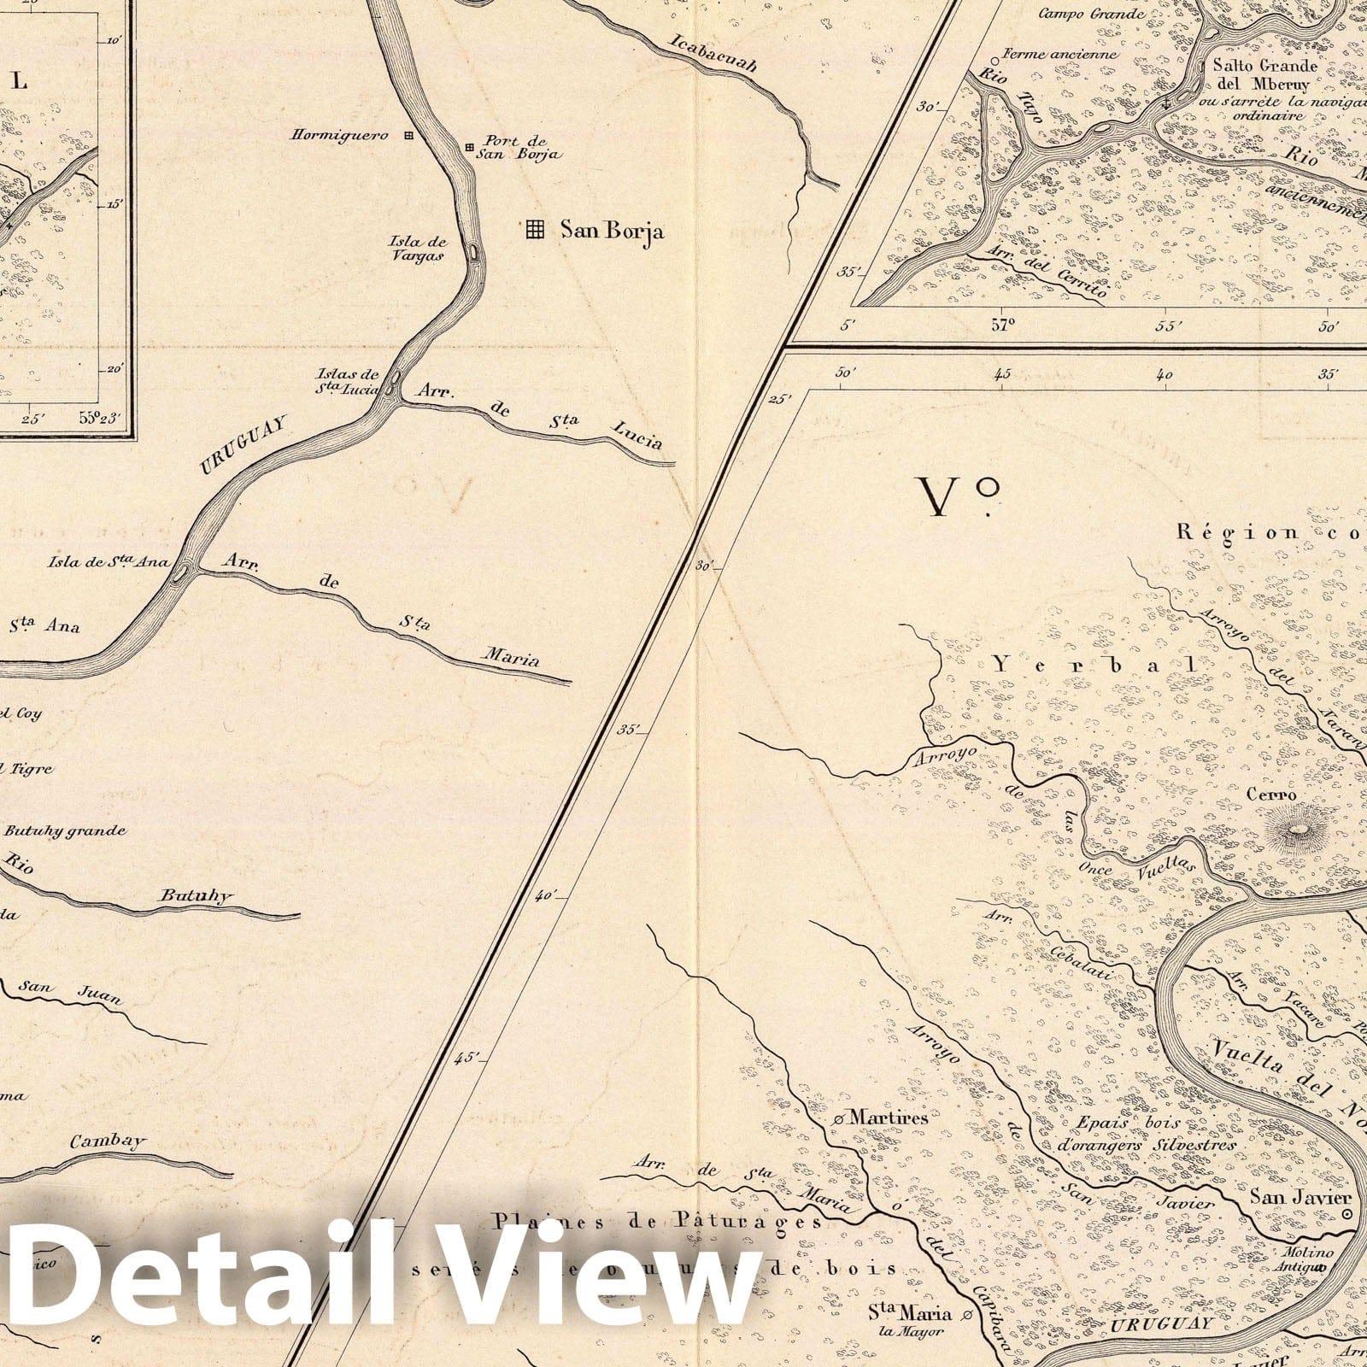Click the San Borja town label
(612, 230)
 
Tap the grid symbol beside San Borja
(535, 228)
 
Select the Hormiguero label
(340, 135)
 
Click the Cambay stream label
(109, 1141)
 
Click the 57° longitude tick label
(1002, 325)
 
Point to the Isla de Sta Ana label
(108, 562)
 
